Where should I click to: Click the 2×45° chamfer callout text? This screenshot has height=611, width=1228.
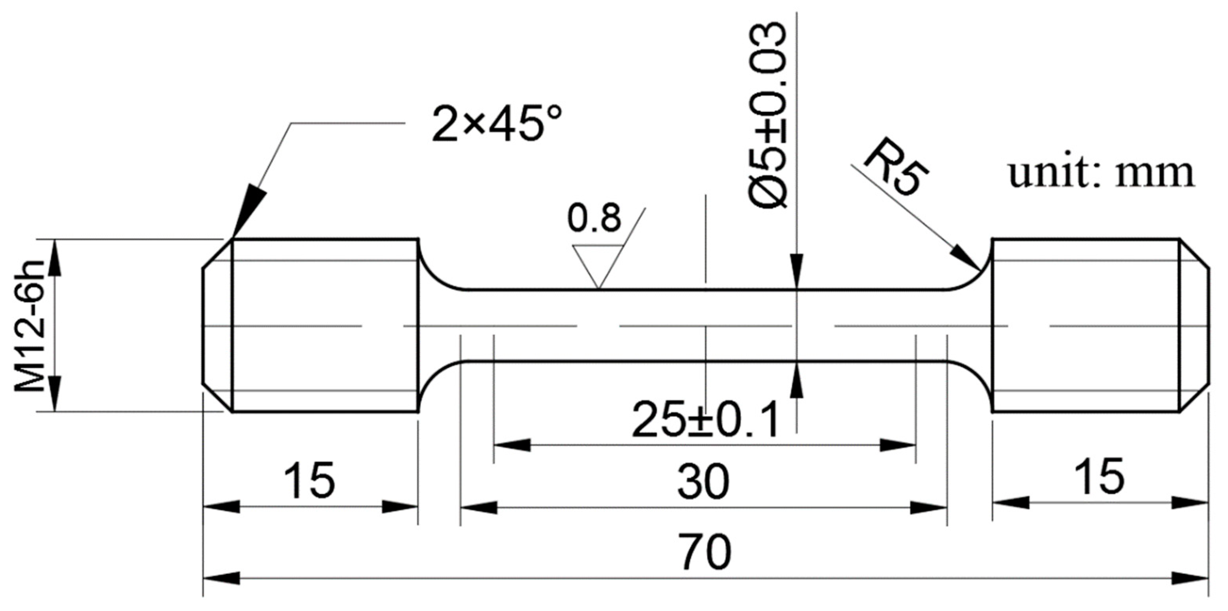496,123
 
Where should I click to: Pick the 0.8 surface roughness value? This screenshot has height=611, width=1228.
594,218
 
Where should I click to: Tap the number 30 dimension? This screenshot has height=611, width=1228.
703,482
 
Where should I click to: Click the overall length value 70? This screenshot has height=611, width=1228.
706,552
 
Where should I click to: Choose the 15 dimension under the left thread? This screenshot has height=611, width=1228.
309,481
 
